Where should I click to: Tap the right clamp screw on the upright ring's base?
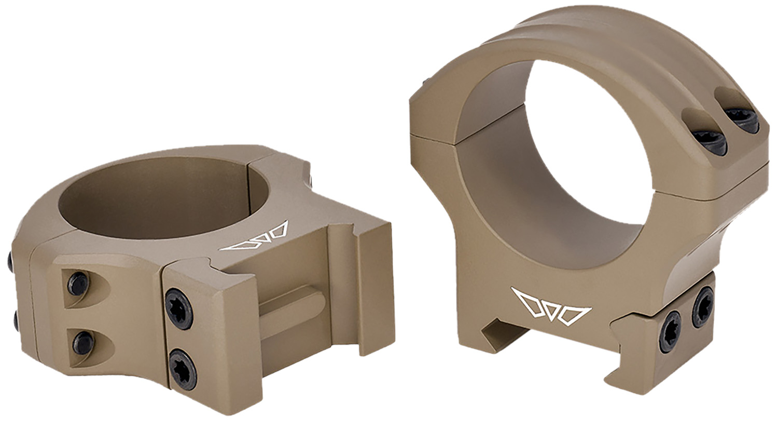click(703, 301)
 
